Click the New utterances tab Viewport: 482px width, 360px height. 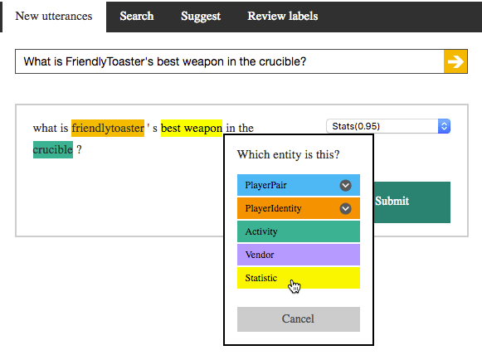tap(54, 17)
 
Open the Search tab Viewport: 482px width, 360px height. tap(137, 17)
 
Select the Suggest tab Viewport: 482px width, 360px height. tap(201, 17)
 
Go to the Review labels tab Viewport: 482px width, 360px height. tap(283, 17)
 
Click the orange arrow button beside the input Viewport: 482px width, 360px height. tap(455, 61)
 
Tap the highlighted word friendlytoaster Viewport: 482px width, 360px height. tap(108, 128)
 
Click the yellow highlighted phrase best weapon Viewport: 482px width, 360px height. tap(192, 128)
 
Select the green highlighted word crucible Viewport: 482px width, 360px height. tap(53, 149)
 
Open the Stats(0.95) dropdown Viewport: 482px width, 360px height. tap(388, 126)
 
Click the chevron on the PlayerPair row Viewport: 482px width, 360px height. tap(345, 185)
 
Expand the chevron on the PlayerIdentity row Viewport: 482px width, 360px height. tap(345, 209)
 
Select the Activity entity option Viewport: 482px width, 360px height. tap(299, 231)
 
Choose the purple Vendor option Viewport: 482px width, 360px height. tap(299, 255)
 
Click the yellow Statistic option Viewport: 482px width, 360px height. tap(299, 278)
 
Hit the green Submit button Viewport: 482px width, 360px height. tap(412, 202)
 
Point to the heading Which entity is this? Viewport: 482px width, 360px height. tap(289, 154)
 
